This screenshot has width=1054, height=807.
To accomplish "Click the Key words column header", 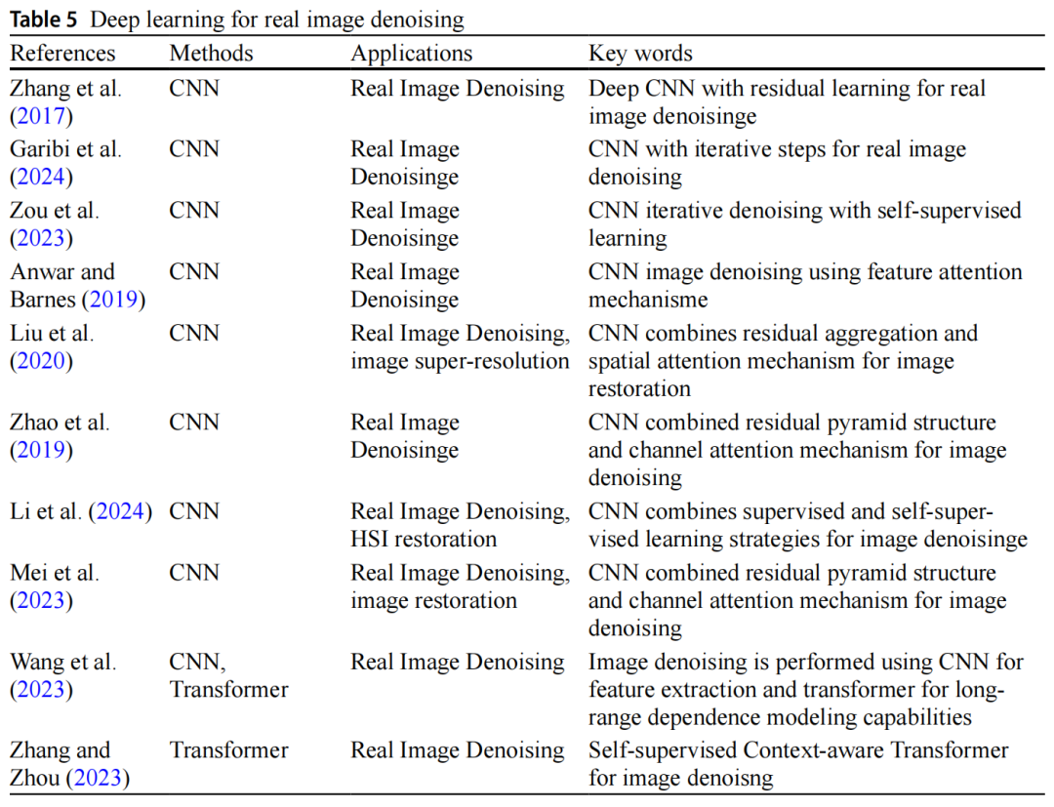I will click(640, 53).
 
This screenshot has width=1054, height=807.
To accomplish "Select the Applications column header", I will click(411, 53).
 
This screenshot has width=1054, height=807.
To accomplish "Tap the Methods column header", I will click(211, 53).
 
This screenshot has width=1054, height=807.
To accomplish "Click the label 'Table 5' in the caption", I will click(48, 19).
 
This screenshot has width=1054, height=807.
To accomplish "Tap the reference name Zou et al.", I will click(55, 210).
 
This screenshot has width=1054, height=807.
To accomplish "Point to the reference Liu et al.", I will click(52, 333).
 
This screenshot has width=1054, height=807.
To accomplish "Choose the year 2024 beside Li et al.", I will click(121, 511).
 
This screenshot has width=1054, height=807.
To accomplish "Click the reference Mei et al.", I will click(55, 573).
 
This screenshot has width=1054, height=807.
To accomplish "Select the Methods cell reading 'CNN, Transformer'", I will click(228, 675).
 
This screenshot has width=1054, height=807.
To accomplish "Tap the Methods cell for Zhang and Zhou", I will click(228, 750).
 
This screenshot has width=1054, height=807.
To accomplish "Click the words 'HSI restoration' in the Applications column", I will click(424, 539).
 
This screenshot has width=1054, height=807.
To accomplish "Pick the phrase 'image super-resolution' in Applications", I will click(460, 361).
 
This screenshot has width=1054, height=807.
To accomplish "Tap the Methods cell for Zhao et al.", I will click(193, 423).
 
